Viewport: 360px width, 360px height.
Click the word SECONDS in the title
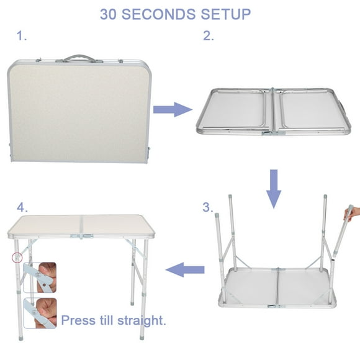pos(179,14)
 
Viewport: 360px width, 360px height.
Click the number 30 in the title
pos(112,14)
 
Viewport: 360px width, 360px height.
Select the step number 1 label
pos(22,36)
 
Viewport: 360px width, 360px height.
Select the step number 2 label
pos(209,36)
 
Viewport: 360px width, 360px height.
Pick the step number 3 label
pos(209,207)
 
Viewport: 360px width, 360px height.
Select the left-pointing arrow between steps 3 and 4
pos(186,269)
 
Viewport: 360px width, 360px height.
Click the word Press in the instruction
pos(78,321)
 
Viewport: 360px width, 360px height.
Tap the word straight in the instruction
pos(140,321)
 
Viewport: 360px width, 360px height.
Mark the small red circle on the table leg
pos(18,257)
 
